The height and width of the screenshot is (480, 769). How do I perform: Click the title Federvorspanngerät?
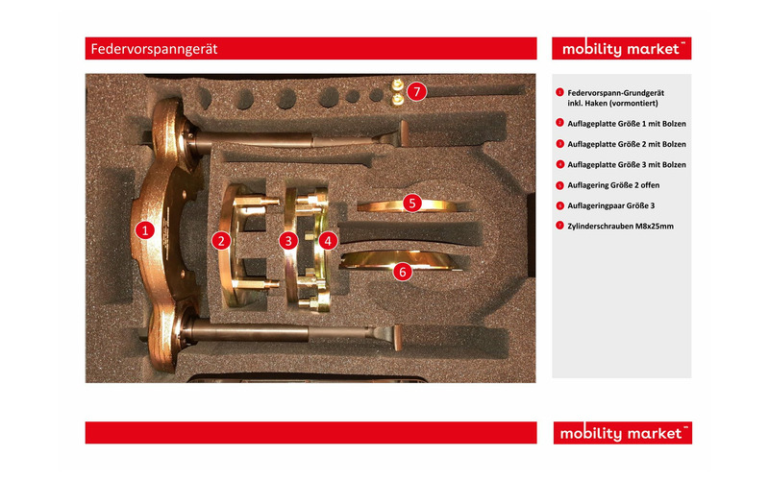pyautogui.click(x=154, y=49)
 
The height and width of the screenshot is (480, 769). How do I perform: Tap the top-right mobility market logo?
pyautogui.click(x=621, y=49)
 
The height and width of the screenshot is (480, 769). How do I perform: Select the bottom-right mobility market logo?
pyautogui.click(x=622, y=433)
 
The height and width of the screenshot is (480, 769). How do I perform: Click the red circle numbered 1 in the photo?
pyautogui.click(x=145, y=230)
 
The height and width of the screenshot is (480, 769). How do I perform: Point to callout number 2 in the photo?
pyautogui.click(x=221, y=241)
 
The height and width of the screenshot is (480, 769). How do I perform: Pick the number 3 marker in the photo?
pyautogui.click(x=288, y=241)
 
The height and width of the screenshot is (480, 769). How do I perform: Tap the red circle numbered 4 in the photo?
pyautogui.click(x=328, y=241)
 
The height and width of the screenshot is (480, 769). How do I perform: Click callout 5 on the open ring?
pyautogui.click(x=412, y=204)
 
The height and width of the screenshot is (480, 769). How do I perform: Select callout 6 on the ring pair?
pyautogui.click(x=403, y=272)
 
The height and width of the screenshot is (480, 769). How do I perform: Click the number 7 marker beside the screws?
pyautogui.click(x=416, y=91)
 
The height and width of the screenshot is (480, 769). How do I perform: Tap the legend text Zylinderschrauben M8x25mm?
pyautogui.click(x=620, y=227)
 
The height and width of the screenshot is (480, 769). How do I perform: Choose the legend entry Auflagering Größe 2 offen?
pyautogui.click(x=613, y=185)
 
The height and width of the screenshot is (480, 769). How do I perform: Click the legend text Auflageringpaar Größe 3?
pyautogui.click(x=611, y=205)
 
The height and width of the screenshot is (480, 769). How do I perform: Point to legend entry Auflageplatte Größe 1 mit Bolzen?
pyautogui.click(x=627, y=124)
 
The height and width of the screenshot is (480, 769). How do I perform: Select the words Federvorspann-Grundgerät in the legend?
pyautogui.click(x=615, y=93)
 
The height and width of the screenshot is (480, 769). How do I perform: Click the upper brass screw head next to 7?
pyautogui.click(x=398, y=85)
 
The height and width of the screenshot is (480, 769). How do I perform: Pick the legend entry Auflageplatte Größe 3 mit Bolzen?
pyautogui.click(x=627, y=165)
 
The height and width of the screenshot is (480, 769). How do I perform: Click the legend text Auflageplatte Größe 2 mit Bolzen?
pyautogui.click(x=627, y=145)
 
